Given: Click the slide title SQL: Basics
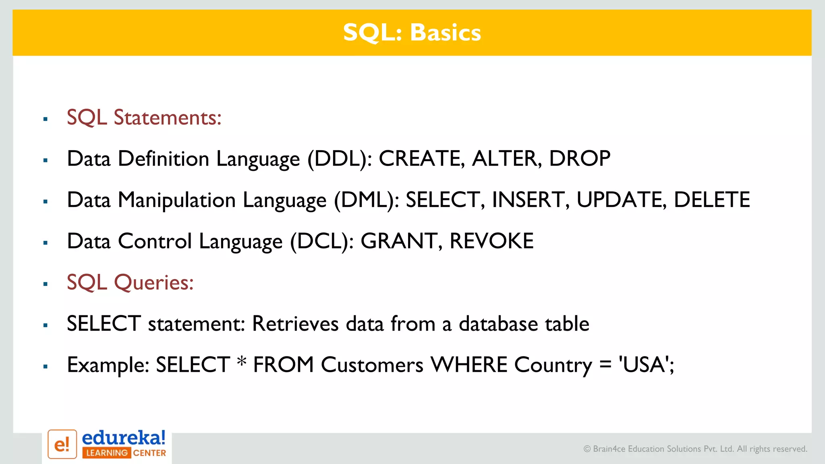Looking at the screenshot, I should click(x=412, y=33).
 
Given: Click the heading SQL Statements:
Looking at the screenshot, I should click(x=144, y=118).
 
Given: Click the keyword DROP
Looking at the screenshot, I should click(x=580, y=158).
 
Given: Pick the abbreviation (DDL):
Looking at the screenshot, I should click(x=340, y=159).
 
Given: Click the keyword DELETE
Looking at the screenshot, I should click(x=711, y=200).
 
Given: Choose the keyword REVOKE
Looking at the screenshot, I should click(x=491, y=241).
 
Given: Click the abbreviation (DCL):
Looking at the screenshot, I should click(x=322, y=242).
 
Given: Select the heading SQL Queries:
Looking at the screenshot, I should click(x=130, y=283).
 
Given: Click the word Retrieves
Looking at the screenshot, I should click(x=295, y=324).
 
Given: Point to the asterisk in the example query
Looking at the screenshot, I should click(x=242, y=361).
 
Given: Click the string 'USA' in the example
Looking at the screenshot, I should click(x=644, y=365).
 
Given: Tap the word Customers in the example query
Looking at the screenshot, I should click(x=372, y=365).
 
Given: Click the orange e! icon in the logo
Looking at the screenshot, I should click(x=62, y=444).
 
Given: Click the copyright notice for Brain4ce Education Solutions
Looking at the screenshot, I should click(x=695, y=449).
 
